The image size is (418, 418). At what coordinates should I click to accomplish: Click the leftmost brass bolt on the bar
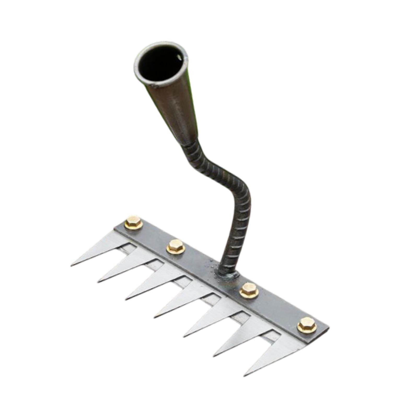coord(133,222)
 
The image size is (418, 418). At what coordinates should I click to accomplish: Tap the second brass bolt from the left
coord(176,246)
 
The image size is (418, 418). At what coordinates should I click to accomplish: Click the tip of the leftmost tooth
coord(71,265)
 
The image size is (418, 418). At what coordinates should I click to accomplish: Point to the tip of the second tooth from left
coord(98,282)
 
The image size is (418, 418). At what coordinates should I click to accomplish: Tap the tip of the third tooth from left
coord(126,299)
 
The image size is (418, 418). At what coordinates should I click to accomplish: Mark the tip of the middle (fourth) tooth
coord(154,317)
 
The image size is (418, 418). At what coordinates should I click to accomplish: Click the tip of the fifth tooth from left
coord(184,336)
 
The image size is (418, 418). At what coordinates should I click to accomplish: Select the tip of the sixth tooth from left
coord(214,356)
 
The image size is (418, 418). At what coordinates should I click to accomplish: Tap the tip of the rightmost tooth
coord(244,376)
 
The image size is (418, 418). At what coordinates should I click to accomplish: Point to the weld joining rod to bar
coord(227,275)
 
